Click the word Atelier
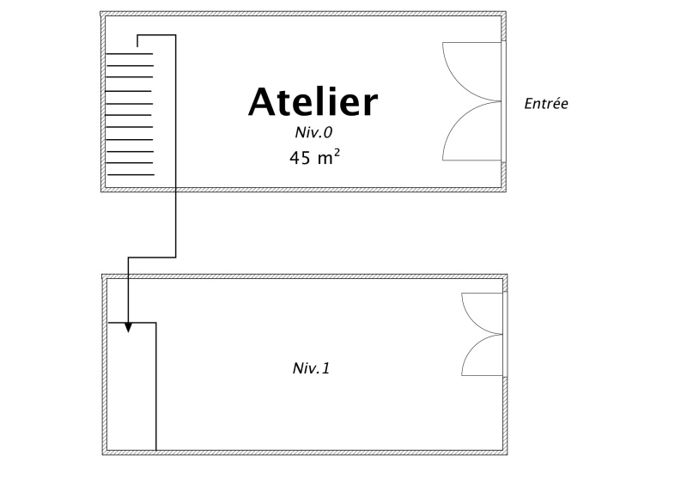313,101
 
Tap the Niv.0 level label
313,132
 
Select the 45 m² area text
314,157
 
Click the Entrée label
546,103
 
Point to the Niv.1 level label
311,368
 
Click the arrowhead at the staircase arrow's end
128,327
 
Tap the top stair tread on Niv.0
130,53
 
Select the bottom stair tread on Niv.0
131,175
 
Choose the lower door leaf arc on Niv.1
474,349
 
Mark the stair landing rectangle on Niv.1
156,385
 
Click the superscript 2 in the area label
337,153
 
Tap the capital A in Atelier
263,101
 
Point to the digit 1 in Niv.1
325,368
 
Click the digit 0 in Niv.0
328,132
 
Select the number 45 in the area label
300,158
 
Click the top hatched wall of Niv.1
305,276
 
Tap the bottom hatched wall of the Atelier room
303,190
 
